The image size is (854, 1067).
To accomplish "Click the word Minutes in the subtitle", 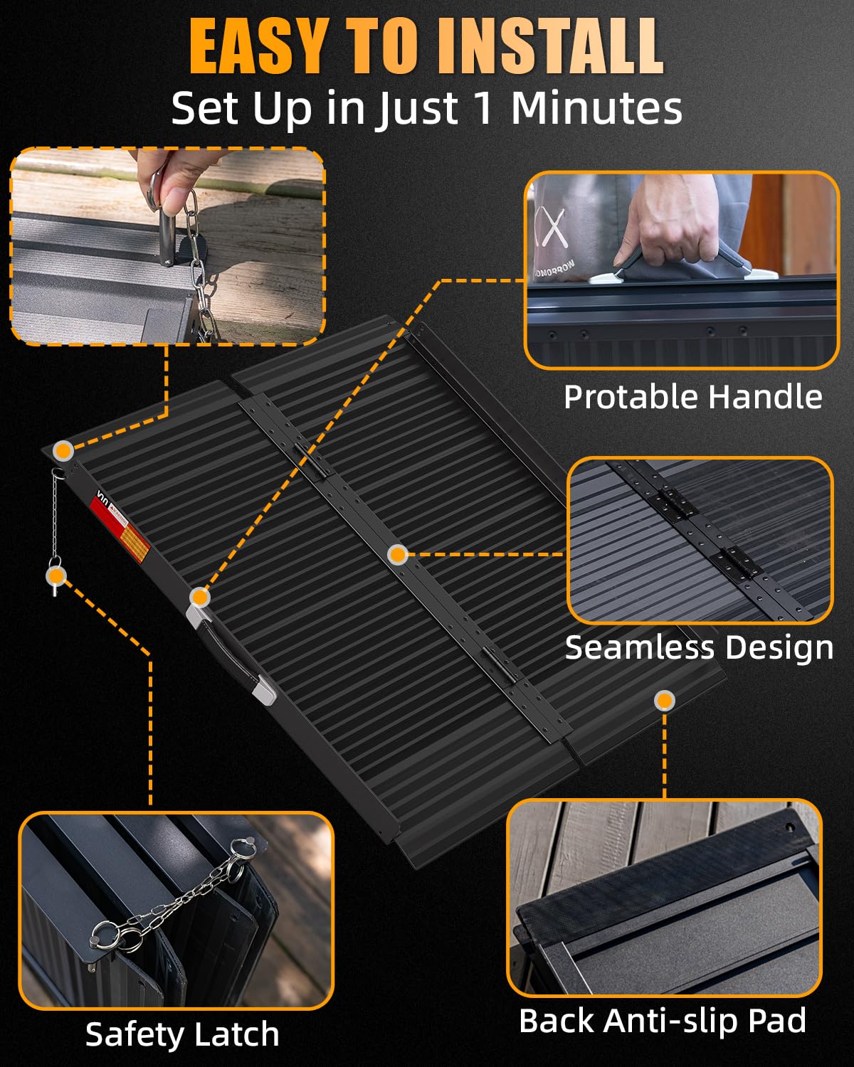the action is (596, 107).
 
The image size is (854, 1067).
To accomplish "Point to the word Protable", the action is (633, 398).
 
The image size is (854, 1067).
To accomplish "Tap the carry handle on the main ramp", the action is (231, 656).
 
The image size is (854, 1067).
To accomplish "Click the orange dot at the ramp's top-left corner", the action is (63, 451).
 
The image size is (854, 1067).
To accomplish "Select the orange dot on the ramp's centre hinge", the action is (398, 554).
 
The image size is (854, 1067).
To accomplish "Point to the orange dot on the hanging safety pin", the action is (56, 575).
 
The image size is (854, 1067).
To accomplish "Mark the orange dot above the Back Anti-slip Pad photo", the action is (665, 701).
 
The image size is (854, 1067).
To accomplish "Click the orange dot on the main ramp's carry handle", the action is (199, 597).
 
